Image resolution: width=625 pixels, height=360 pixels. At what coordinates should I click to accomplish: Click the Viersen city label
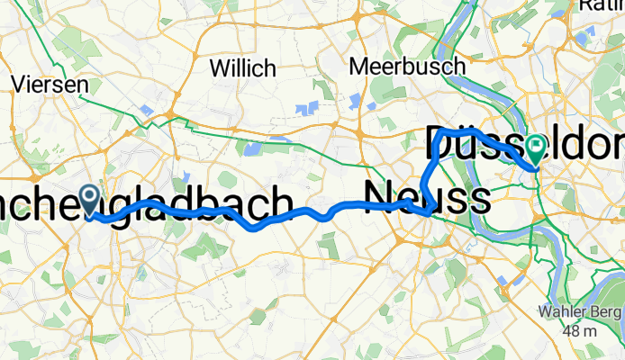point(49,85)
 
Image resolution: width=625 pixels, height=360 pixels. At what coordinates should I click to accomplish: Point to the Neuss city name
point(427,196)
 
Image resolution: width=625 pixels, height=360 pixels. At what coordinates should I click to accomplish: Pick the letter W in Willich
point(219,67)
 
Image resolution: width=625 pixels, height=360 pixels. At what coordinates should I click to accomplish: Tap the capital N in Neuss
point(379,196)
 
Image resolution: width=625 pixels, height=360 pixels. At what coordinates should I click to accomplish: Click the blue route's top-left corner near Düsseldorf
point(439,133)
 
